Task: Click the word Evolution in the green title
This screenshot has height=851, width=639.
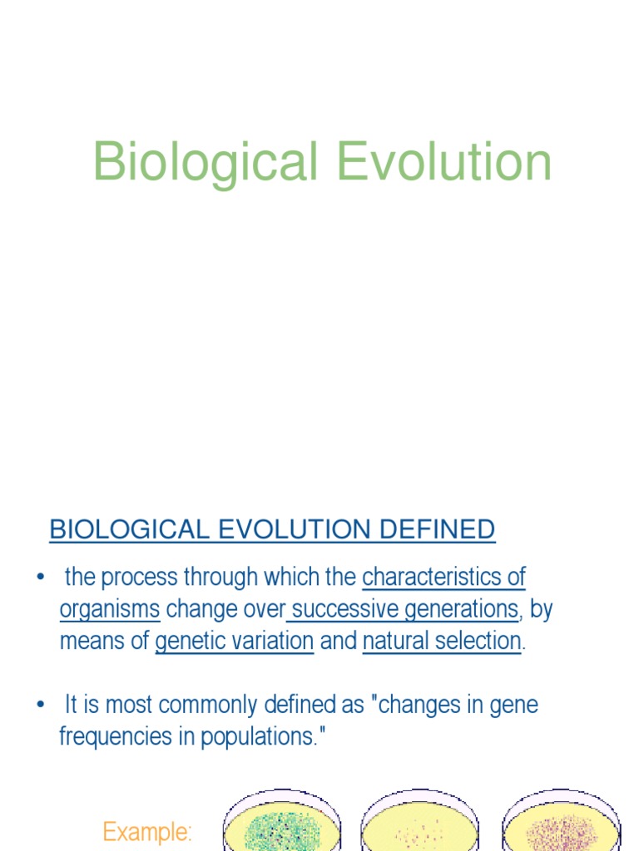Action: [444, 162]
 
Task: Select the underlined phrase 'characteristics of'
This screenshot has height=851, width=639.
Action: [444, 577]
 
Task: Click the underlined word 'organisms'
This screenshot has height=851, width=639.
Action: [110, 609]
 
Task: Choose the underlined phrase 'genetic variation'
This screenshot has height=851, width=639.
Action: [235, 642]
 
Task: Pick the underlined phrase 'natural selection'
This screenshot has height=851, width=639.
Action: [442, 642]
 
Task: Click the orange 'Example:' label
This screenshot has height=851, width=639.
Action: [147, 831]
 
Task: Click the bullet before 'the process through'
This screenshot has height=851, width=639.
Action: [40, 578]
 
